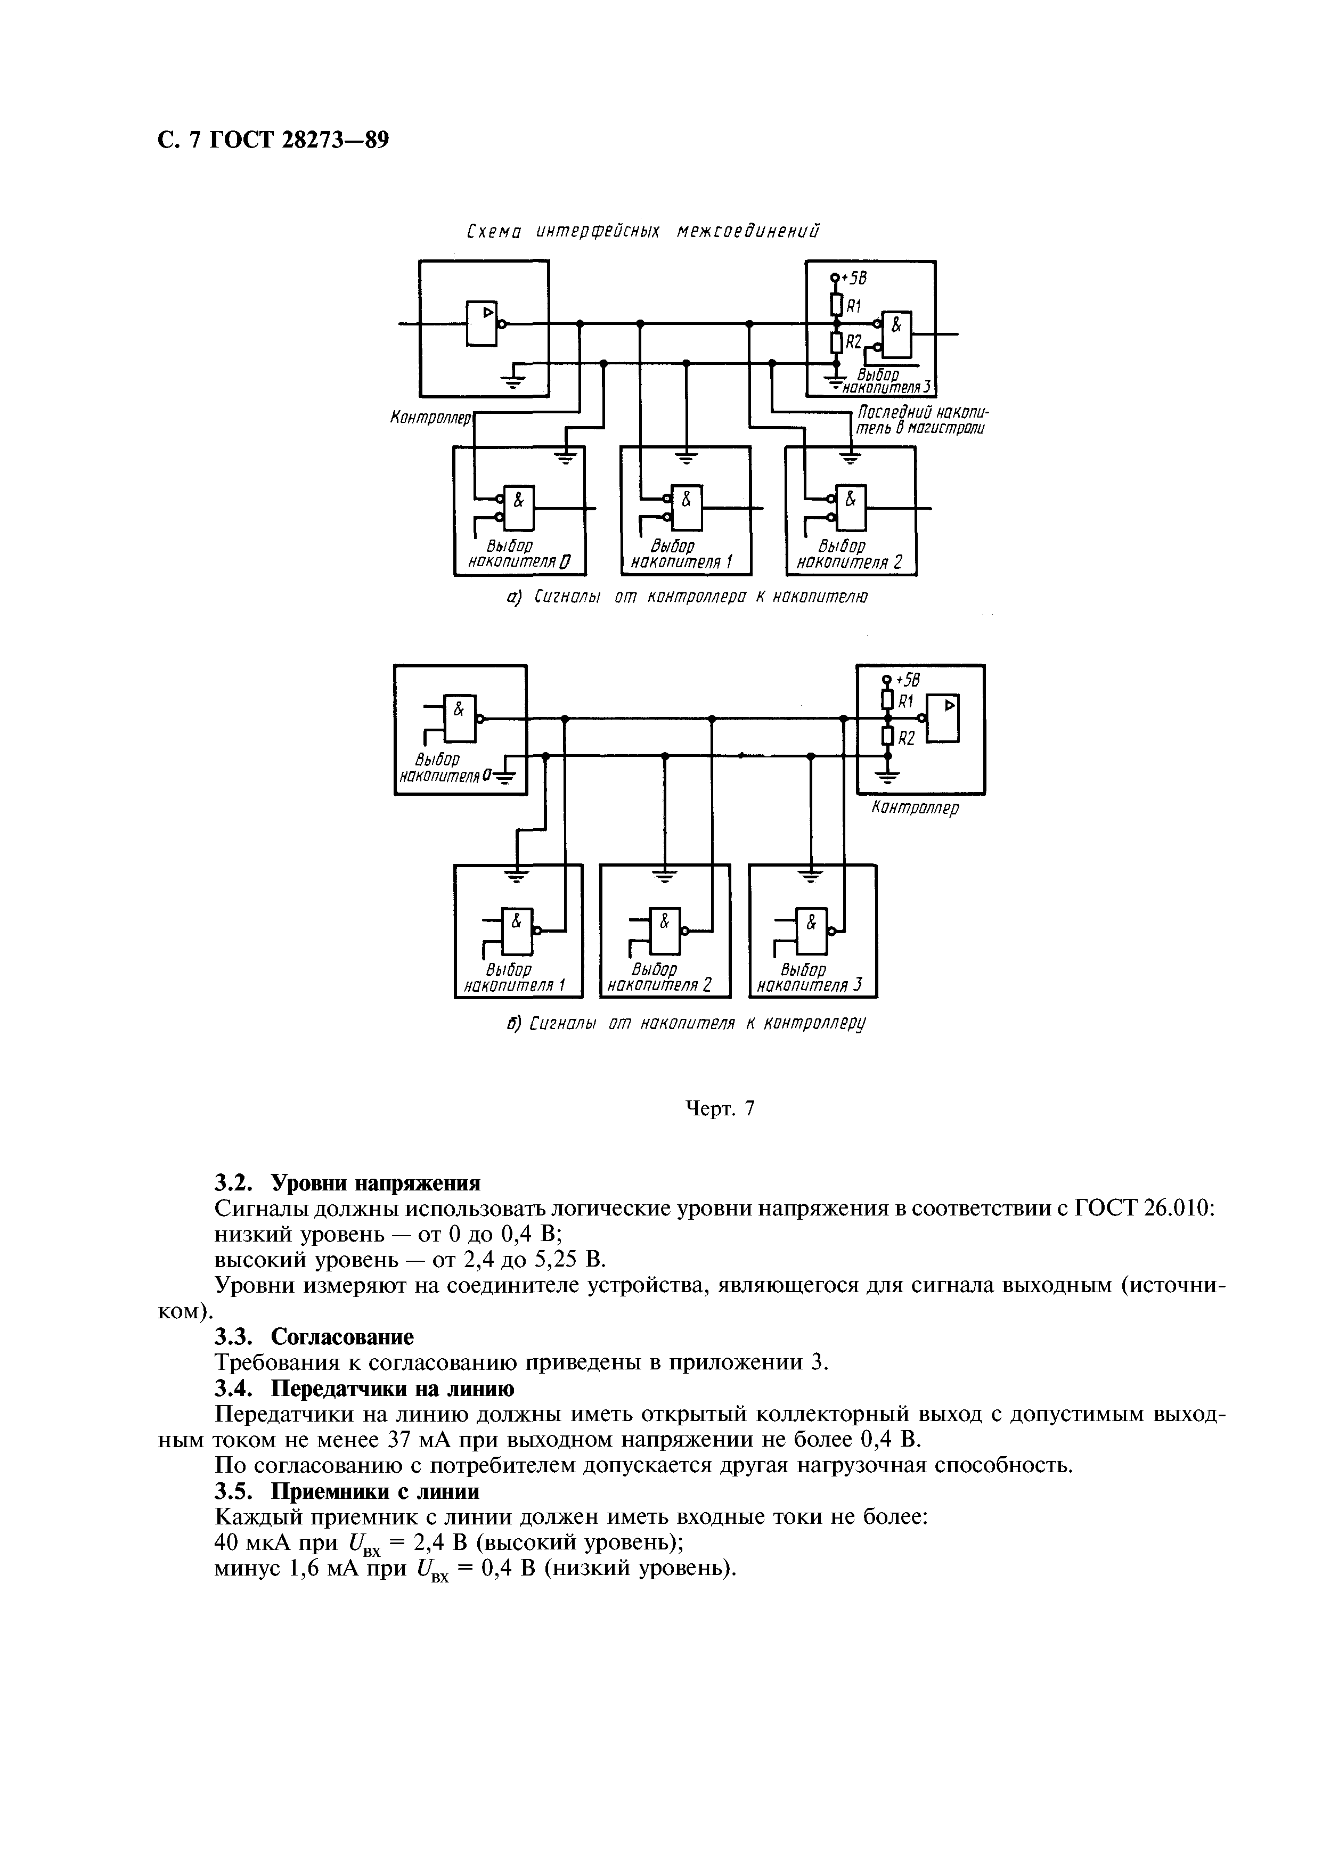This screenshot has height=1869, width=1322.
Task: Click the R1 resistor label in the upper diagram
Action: [x=854, y=306]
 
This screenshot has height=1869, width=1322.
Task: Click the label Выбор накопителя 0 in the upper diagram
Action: [x=519, y=553]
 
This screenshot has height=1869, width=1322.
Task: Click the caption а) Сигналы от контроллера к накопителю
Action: [x=686, y=598]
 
